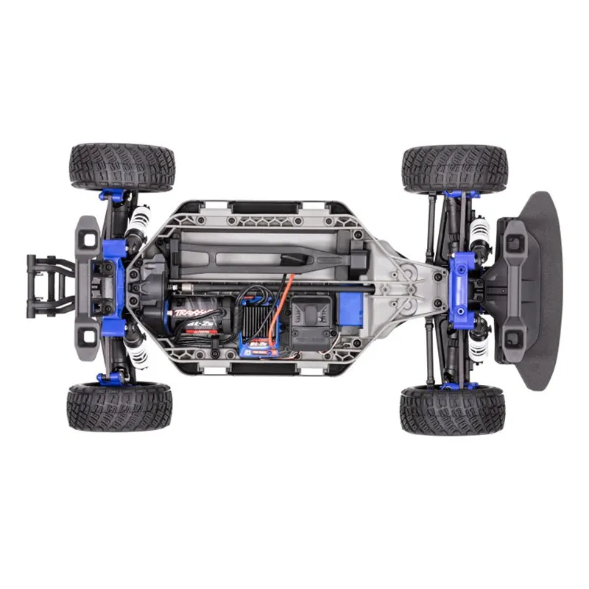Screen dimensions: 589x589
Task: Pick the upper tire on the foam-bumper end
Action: (x=454, y=169)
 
